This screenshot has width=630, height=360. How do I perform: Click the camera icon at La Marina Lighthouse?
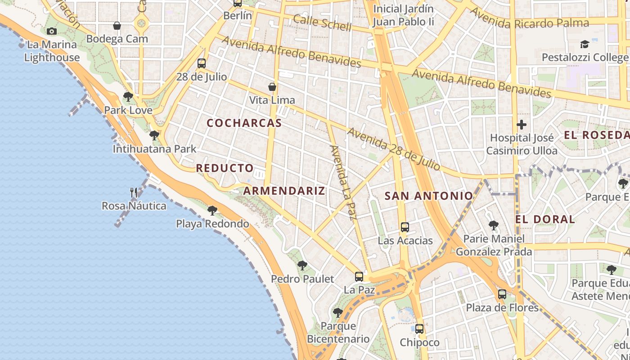click(x=52, y=31)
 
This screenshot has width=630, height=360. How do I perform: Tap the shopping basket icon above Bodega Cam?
click(x=117, y=26)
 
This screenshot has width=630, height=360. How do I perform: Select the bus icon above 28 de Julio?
click(x=201, y=63)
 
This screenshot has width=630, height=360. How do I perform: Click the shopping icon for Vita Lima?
click(x=272, y=87)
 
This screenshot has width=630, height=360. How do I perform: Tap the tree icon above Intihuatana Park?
click(x=154, y=135)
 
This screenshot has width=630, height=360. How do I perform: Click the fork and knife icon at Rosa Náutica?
click(x=134, y=193)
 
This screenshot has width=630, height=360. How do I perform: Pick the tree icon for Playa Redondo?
click(x=212, y=210)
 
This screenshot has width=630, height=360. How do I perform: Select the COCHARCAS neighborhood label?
click(x=244, y=123)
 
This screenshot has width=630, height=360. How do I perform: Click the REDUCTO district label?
click(x=225, y=168)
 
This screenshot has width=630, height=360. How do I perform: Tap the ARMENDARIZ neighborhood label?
click(x=284, y=190)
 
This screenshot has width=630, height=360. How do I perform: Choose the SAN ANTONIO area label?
click(x=429, y=196)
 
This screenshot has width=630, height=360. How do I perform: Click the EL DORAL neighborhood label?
click(x=545, y=219)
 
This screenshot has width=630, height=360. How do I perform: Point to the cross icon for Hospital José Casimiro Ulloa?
click(x=522, y=124)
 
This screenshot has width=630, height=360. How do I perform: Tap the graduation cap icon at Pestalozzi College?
click(x=585, y=44)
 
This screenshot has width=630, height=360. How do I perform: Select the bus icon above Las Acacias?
click(x=405, y=227)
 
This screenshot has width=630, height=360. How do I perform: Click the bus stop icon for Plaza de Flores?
click(x=502, y=295)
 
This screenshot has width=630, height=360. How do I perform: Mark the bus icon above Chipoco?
click(x=419, y=329)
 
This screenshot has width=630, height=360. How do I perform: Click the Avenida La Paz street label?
click(x=343, y=182)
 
